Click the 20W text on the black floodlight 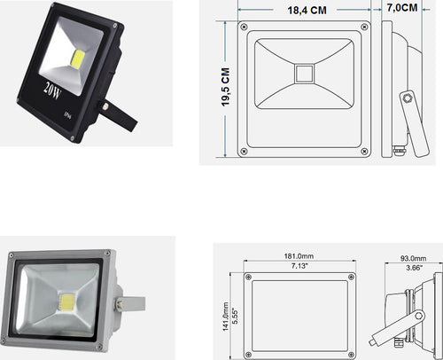(51, 89)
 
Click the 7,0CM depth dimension (402, 8)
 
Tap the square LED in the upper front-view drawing (304, 71)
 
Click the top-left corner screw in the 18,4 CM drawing (245, 27)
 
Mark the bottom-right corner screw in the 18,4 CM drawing (363, 151)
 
